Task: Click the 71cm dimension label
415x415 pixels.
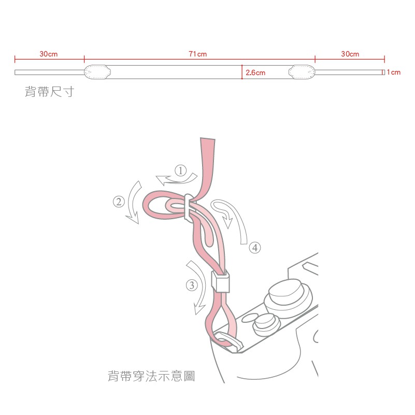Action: click(198, 54)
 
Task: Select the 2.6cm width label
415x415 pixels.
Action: click(255, 73)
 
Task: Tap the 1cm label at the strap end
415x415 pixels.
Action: click(394, 72)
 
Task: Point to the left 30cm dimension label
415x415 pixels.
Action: click(48, 54)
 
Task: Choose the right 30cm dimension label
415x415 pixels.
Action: click(350, 54)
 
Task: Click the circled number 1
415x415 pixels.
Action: click(181, 170)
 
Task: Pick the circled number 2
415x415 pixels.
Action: click(119, 202)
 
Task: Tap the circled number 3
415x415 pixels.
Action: click(192, 285)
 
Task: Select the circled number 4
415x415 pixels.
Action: click(255, 248)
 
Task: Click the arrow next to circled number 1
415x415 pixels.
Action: click(176, 179)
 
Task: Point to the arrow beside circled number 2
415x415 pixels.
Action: click(134, 203)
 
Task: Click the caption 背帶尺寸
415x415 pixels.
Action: click(50, 92)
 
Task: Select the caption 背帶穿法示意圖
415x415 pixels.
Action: click(151, 376)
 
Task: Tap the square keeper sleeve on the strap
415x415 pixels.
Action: click(221, 282)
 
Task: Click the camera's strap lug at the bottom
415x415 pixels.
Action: click(228, 341)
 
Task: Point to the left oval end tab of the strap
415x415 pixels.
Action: click(97, 72)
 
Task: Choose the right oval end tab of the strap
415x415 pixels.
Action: click(302, 72)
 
